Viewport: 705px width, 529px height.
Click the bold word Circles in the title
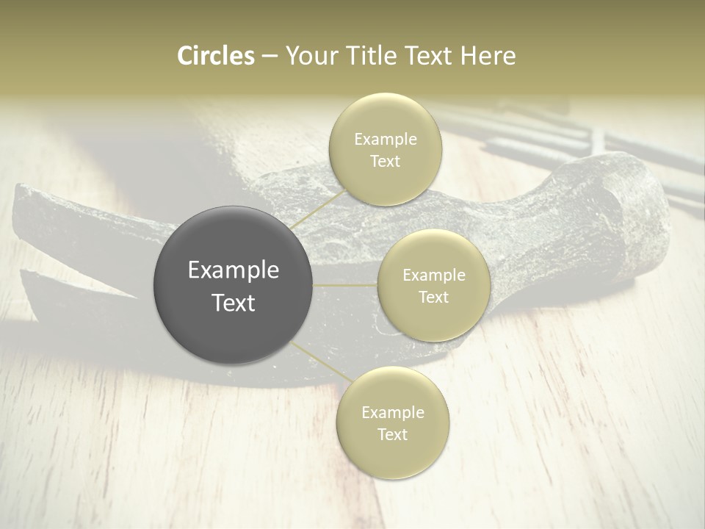(x=216, y=56)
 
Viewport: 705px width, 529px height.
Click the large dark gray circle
(x=233, y=285)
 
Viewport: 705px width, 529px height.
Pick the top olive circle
(x=385, y=149)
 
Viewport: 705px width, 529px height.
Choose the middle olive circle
(x=433, y=285)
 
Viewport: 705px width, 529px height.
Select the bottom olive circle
(x=392, y=422)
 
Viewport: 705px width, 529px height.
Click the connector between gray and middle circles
(x=344, y=285)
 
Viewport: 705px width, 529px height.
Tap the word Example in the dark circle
(x=233, y=270)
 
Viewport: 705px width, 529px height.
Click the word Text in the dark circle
(x=233, y=303)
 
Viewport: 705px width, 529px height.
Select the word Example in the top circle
(x=385, y=139)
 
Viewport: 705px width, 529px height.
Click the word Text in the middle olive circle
(x=433, y=297)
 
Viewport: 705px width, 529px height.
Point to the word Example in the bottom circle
(x=392, y=412)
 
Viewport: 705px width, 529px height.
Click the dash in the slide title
(x=270, y=57)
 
